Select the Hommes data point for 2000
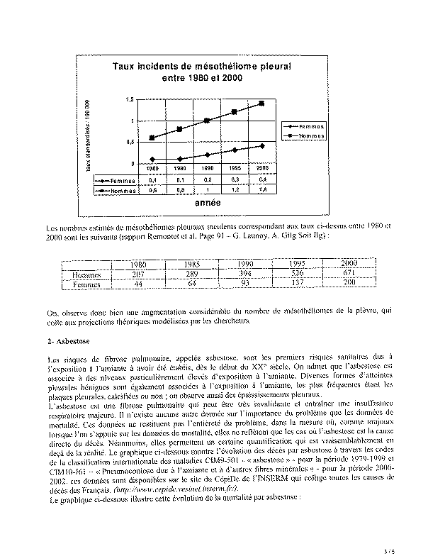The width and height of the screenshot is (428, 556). pos(262,103)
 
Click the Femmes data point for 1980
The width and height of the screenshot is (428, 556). pos(152,160)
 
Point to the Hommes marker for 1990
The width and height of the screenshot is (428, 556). pos(207,121)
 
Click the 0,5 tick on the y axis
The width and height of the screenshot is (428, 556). pos(128,143)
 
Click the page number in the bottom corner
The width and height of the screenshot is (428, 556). pos(405,547)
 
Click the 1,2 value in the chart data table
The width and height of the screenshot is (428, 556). pos(235,190)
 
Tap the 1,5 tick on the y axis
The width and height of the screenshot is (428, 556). pos(128,100)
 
